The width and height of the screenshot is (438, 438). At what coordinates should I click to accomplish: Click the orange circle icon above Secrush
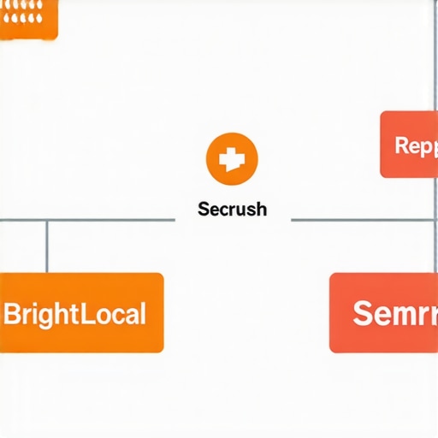coord(232,158)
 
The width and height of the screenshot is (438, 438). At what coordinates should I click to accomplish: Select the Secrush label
coord(232,209)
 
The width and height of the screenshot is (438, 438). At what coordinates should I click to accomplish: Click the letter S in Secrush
coord(202,209)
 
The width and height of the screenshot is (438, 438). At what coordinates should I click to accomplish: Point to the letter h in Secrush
coord(261,209)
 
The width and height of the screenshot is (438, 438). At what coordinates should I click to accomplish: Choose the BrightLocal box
coord(81,312)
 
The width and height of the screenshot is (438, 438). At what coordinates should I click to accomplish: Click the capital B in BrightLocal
coord(11,313)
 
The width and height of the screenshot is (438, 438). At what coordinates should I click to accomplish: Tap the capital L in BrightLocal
coord(86,313)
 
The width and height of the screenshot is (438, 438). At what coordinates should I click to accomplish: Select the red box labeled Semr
coord(383,312)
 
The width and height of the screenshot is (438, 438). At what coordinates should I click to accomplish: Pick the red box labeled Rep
coord(409,145)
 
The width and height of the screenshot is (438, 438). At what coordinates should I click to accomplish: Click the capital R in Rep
coord(401,145)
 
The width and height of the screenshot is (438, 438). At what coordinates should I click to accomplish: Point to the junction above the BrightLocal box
coord(46,220)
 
